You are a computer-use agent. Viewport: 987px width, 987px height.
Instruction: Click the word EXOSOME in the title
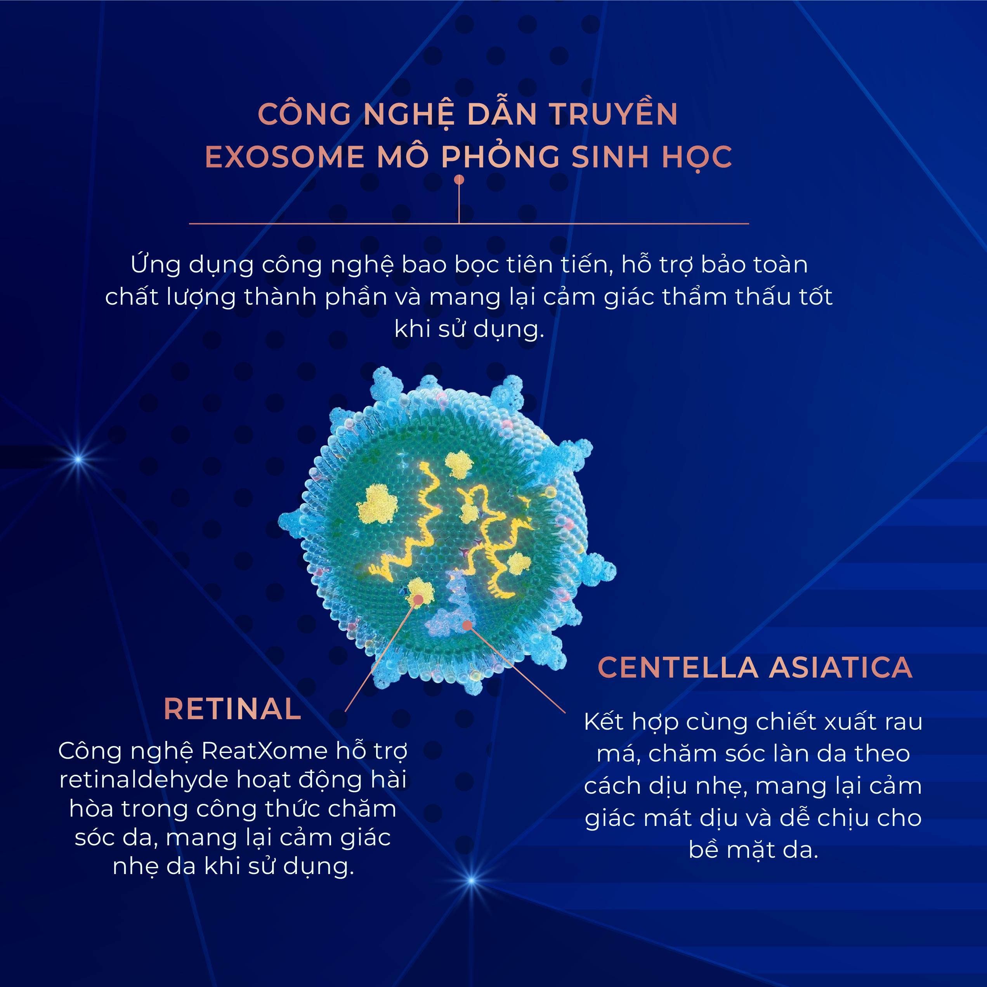coord(284,157)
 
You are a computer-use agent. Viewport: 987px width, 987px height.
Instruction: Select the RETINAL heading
coord(232,709)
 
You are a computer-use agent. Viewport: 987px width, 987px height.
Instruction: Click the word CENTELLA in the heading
coord(678,667)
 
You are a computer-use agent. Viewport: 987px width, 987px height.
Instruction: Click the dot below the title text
coord(459,179)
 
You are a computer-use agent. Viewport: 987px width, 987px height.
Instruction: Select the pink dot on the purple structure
coord(467,625)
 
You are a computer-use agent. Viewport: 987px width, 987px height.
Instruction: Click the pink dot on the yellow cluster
coord(418,599)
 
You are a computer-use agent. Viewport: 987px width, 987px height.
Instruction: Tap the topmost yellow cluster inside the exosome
coord(458,464)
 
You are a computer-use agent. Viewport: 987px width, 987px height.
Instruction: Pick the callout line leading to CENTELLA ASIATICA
coord(516,668)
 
